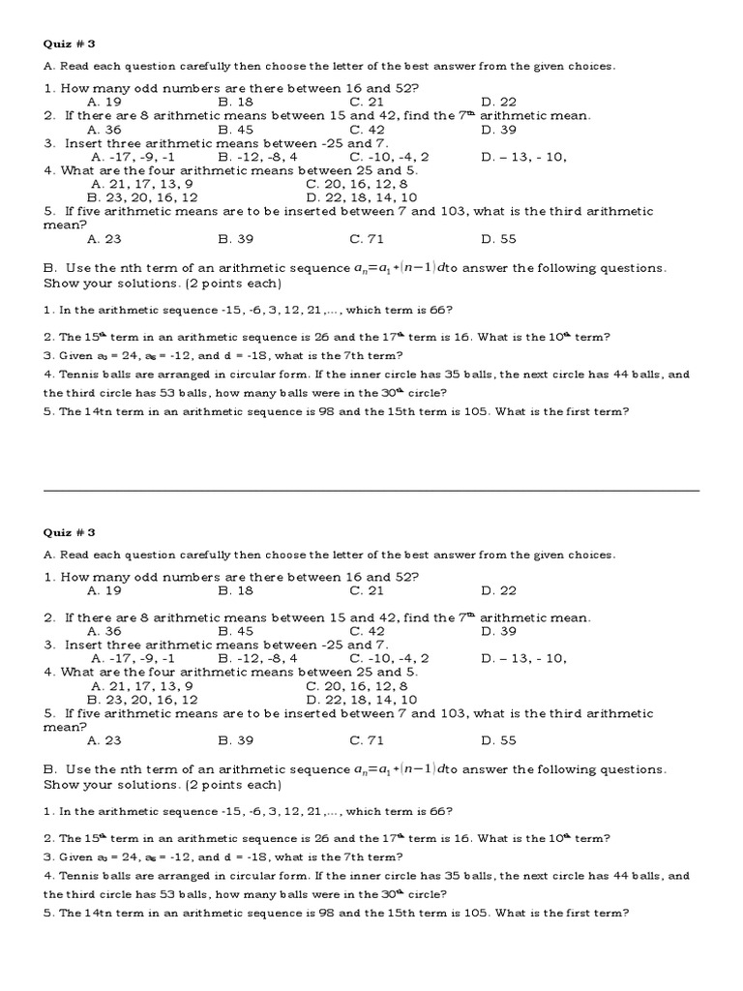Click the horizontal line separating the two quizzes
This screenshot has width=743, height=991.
tap(371, 491)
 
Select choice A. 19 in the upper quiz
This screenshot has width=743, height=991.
tap(104, 102)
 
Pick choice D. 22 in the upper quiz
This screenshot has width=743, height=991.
tap(499, 102)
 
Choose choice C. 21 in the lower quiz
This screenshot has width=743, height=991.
tap(368, 590)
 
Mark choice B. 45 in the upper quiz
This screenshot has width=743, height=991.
tap(236, 129)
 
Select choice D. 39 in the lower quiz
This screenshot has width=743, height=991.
tap(499, 631)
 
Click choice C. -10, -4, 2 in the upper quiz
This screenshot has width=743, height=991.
tap(390, 156)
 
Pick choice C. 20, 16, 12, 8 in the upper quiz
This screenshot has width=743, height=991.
tap(357, 183)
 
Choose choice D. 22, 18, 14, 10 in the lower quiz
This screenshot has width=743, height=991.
tap(362, 699)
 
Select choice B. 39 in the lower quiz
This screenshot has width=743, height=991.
tap(236, 740)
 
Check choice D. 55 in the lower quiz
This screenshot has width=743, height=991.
tap(499, 740)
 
